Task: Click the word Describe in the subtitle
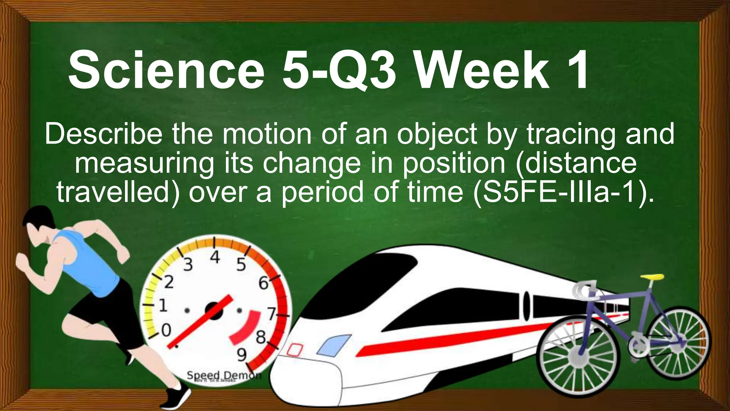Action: click(103, 135)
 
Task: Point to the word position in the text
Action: click(454, 163)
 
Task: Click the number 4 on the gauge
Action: click(215, 257)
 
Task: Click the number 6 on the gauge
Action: click(263, 283)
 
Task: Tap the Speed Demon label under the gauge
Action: click(224, 375)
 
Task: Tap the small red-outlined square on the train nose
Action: click(295, 349)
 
